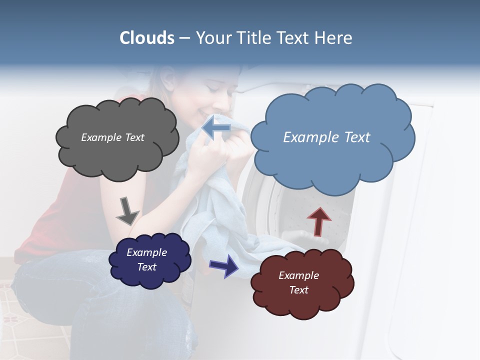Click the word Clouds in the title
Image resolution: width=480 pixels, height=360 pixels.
point(147,38)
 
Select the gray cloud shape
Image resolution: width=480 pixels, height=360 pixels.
point(117,155)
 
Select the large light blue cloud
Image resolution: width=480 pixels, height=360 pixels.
point(332,160)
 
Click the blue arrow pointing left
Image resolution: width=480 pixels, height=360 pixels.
point(216,128)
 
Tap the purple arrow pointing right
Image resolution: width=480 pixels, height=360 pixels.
point(224,265)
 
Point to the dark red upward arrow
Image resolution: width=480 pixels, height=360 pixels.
point(318,221)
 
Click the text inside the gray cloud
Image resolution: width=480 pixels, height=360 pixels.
point(112,137)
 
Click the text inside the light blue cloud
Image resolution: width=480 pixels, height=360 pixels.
point(326,137)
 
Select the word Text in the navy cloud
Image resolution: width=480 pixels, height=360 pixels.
point(147,267)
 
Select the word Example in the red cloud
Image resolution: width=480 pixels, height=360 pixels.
point(298,275)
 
